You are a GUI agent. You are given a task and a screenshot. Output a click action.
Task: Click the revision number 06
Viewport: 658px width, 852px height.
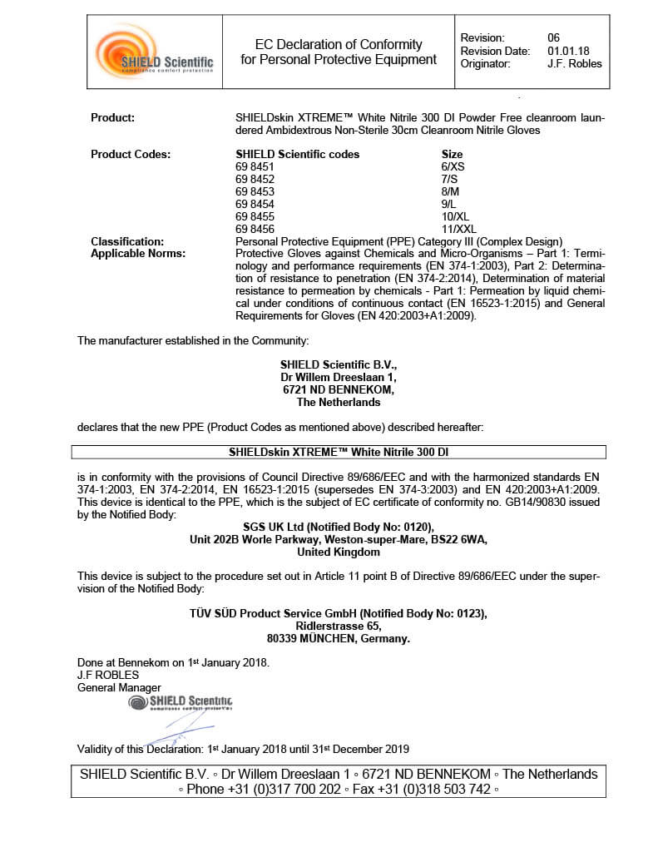point(554,38)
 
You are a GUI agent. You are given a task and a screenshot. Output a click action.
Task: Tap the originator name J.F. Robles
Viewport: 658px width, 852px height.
point(575,63)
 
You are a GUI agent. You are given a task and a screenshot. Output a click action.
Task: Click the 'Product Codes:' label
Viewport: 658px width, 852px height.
point(131,154)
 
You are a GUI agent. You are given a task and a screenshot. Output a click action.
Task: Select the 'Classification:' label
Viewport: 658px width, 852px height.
point(127,241)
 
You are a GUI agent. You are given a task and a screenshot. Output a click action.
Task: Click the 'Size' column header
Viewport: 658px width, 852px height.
point(452,154)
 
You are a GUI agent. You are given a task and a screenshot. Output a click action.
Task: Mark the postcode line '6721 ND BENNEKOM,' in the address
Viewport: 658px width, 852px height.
point(339,389)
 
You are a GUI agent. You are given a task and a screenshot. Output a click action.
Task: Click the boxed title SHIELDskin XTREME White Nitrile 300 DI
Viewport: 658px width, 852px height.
point(339,453)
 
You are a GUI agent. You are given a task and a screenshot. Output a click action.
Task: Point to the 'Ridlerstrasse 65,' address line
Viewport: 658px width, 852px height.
point(339,626)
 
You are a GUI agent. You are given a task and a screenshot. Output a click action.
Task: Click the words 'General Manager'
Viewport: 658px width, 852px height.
point(119,688)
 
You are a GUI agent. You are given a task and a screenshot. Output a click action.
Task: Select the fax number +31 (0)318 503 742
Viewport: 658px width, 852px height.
point(433,790)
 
